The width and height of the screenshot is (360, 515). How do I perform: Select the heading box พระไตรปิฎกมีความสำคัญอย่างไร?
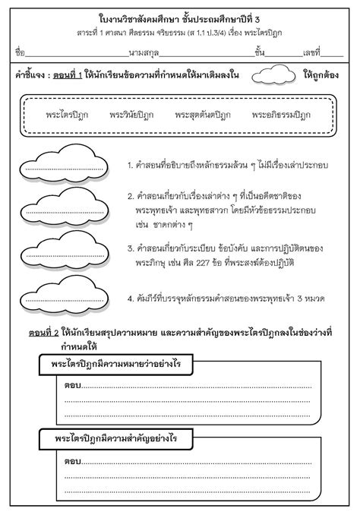pyautogui.click(x=115, y=438)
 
